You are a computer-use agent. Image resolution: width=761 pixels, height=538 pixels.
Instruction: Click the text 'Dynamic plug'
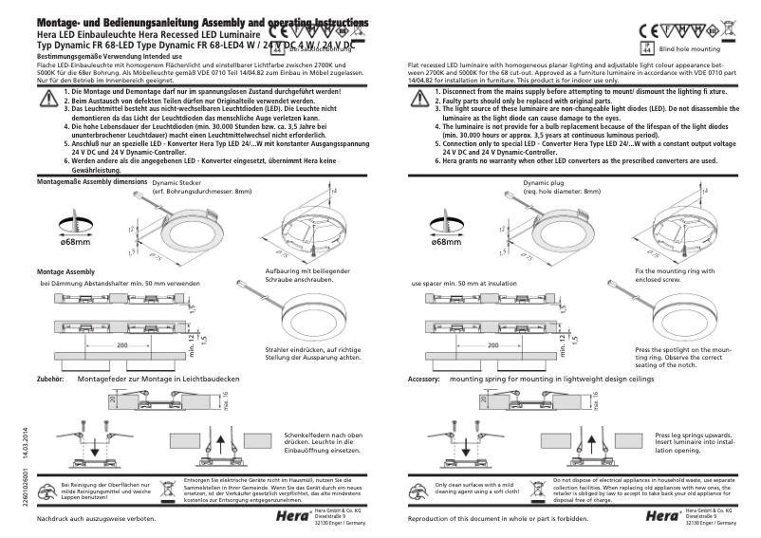pyautogui.click(x=543, y=181)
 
